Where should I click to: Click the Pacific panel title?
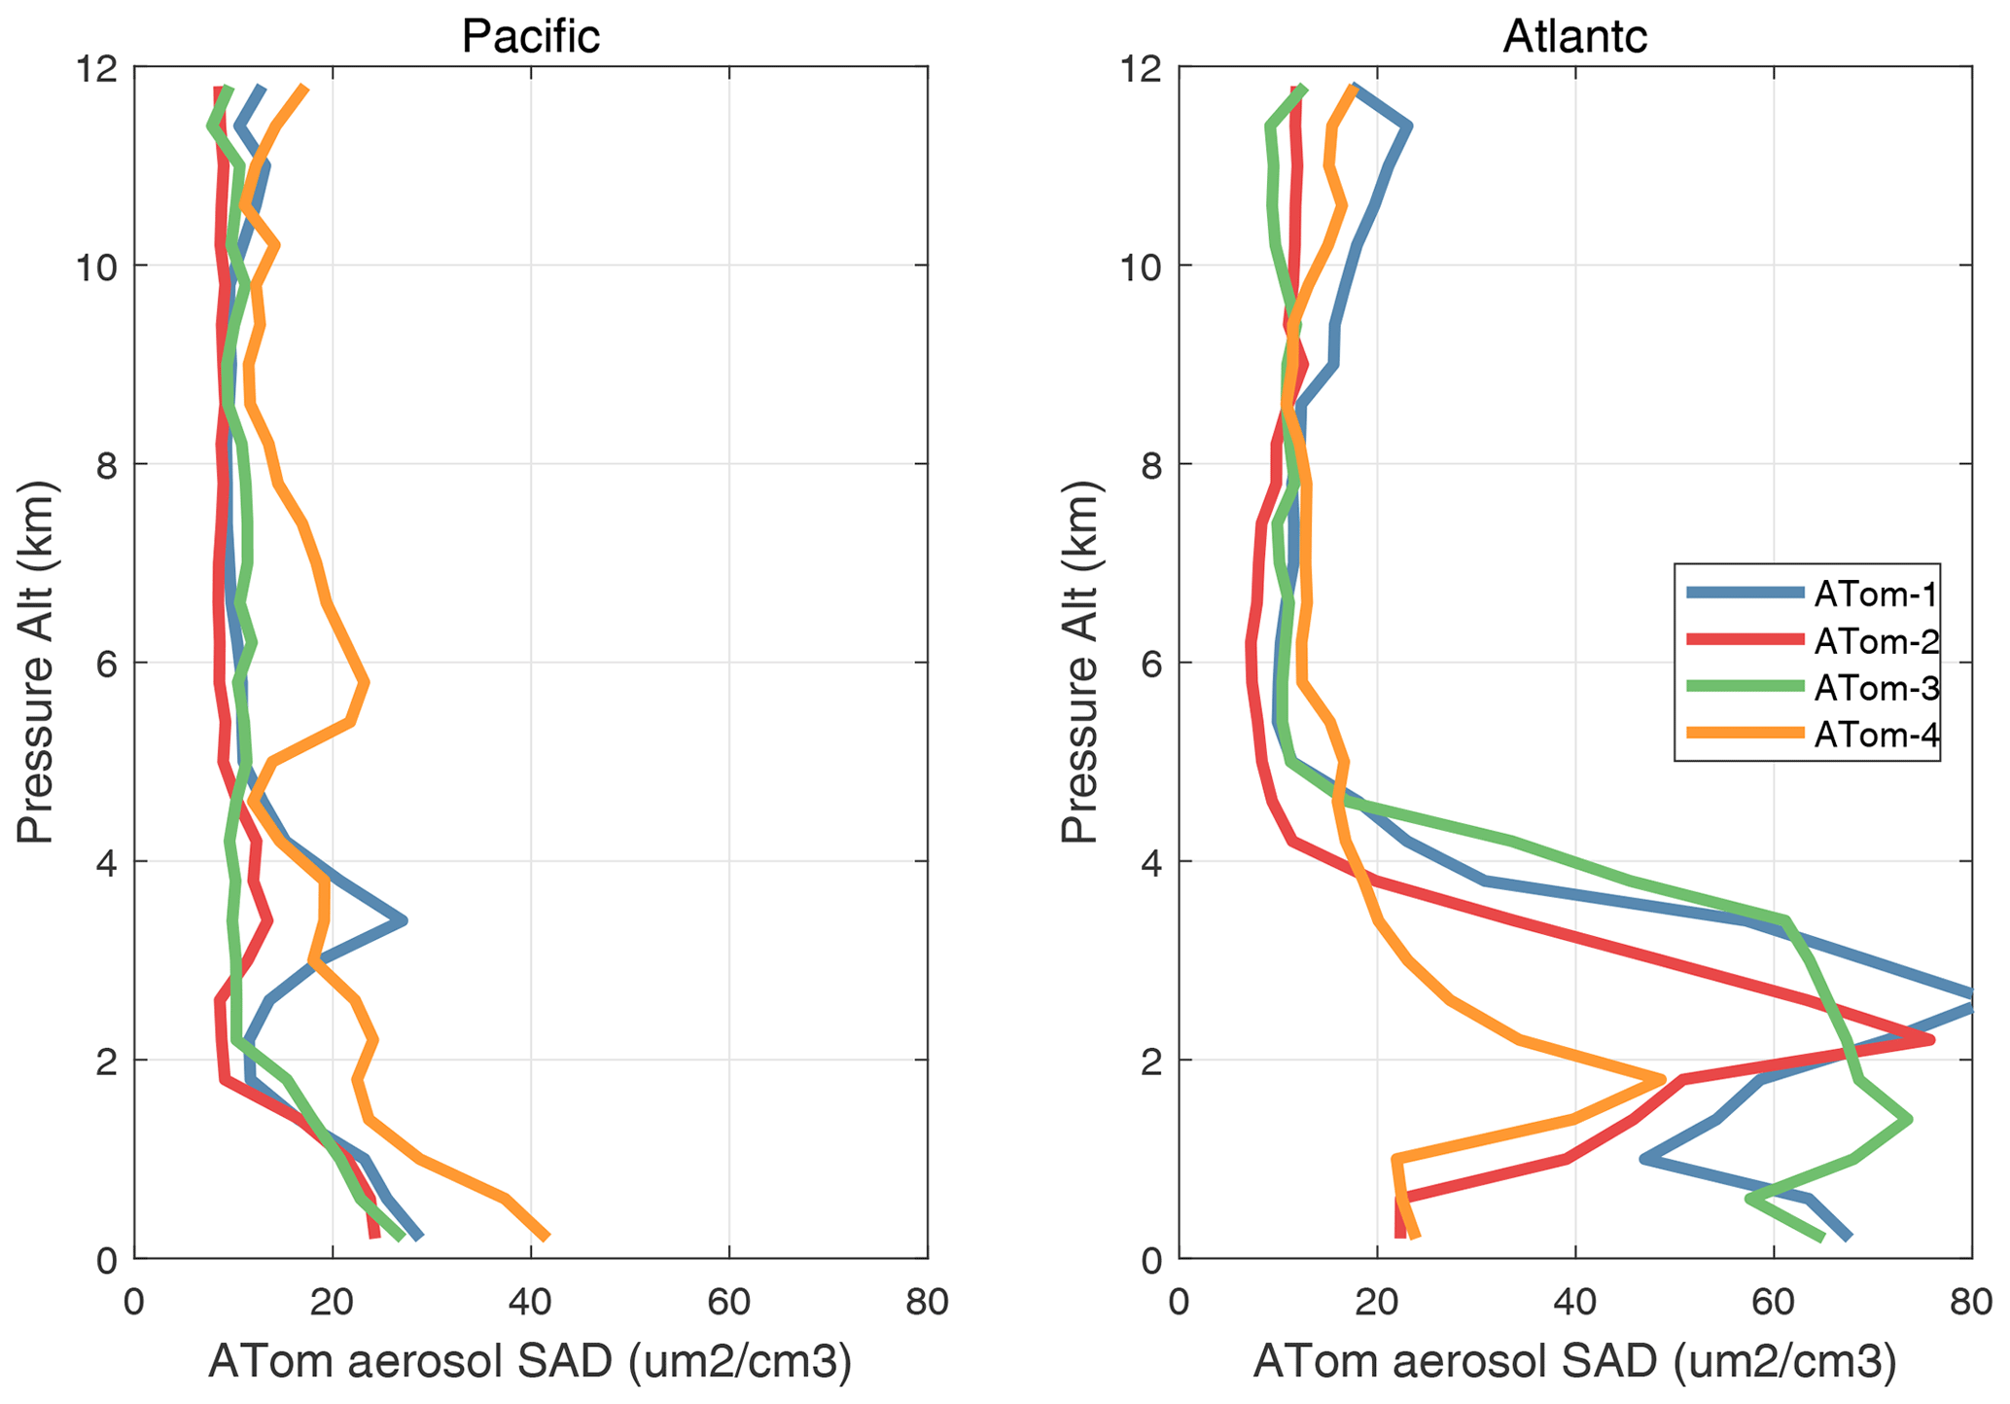[530, 36]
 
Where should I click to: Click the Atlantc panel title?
[1574, 36]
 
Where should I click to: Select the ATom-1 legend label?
[1876, 594]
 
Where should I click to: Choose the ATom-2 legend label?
[1876, 640]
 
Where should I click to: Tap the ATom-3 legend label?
[1876, 688]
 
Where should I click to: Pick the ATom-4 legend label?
[1876, 735]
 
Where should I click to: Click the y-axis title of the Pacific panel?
[36, 662]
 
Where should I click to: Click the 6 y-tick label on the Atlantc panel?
[1151, 664]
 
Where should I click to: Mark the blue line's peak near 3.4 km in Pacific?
[403, 919]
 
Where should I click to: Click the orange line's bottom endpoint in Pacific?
[547, 1238]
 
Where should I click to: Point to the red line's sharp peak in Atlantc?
[1931, 1040]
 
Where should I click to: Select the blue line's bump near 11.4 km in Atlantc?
[1408, 126]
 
